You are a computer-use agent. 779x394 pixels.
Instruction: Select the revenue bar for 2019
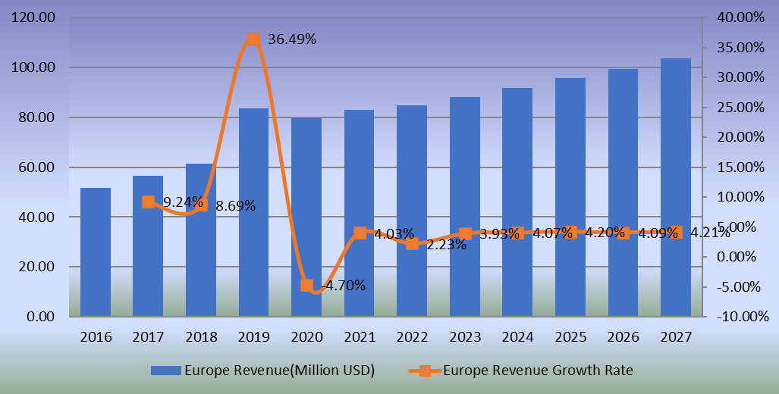click(x=253, y=212)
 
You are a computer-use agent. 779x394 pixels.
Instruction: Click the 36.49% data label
click(x=292, y=39)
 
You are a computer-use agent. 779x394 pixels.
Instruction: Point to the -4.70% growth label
click(x=341, y=286)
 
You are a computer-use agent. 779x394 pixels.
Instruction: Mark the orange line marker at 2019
click(x=254, y=39)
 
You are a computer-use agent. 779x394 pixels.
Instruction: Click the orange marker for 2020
click(x=306, y=285)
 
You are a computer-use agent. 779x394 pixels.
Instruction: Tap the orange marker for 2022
click(x=412, y=244)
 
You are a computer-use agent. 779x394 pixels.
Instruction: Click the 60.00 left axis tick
click(x=36, y=167)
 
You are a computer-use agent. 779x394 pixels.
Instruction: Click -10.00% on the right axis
click(x=740, y=317)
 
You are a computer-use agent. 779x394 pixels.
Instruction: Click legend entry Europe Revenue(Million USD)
click(x=262, y=371)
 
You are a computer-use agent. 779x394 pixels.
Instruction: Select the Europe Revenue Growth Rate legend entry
click(x=523, y=371)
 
